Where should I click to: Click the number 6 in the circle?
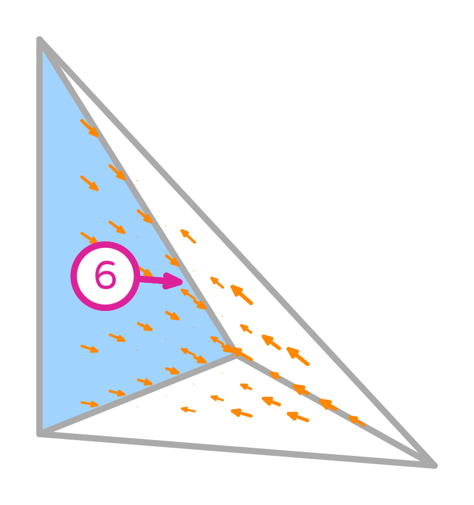pyautogui.click(x=105, y=276)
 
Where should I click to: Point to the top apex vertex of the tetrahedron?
pyautogui.click(x=40, y=40)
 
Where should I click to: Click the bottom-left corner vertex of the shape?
pyautogui.click(x=40, y=434)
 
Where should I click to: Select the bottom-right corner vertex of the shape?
pyautogui.click(x=434, y=465)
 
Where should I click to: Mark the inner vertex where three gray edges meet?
pyautogui.click(x=236, y=356)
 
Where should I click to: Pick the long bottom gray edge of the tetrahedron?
pyautogui.click(x=234, y=449)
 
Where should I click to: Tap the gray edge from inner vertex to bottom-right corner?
pyautogui.click(x=334, y=409)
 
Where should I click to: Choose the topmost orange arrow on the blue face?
pyautogui.click(x=90, y=128)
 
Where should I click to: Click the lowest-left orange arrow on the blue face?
pyautogui.click(x=90, y=403)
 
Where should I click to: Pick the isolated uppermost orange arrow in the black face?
pyautogui.click(x=188, y=236)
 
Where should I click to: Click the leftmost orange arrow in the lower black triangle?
pyautogui.click(x=188, y=410)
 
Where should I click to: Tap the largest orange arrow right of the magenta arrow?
pyautogui.click(x=242, y=295)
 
